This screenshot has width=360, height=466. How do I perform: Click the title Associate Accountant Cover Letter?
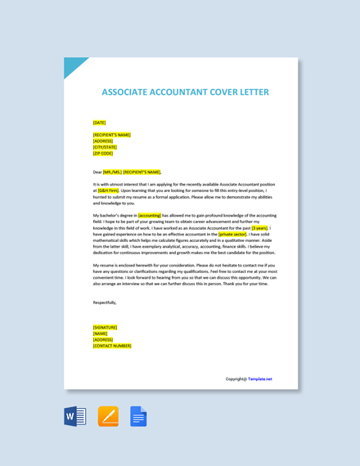(185, 92)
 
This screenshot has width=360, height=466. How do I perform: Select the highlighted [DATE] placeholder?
(99, 123)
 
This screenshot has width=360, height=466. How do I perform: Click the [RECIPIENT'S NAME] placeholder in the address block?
(111, 135)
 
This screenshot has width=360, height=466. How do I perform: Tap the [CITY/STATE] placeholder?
(105, 147)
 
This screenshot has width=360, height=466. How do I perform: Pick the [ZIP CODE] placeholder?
(103, 153)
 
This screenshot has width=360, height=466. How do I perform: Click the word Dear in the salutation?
(97, 173)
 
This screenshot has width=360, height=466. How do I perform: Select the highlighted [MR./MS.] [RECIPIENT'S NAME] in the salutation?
(132, 173)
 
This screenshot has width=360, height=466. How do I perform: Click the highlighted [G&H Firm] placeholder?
(108, 190)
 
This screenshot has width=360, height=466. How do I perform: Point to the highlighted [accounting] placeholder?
(150, 216)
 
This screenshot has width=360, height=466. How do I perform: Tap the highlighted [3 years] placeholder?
(259, 228)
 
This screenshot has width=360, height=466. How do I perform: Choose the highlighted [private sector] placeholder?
(232, 234)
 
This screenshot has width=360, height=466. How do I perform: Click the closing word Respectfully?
(105, 302)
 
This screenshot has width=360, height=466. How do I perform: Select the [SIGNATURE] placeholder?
(105, 327)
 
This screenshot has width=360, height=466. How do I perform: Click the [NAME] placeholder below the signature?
(100, 334)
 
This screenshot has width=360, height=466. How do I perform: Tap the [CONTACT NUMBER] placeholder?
(112, 346)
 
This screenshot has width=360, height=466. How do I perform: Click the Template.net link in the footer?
(260, 379)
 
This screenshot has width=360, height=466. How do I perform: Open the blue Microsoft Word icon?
(75, 416)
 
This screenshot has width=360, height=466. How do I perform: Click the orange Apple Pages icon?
(108, 416)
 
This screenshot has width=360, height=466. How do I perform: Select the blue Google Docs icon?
(138, 416)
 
